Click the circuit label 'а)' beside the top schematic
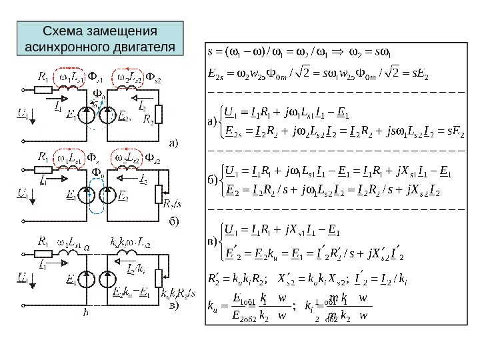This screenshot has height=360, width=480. pos(173,142)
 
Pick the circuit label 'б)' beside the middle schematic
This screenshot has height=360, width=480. pos(173,219)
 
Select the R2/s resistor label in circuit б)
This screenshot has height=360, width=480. pos(173,202)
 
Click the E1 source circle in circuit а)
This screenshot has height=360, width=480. pos(88,115)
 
